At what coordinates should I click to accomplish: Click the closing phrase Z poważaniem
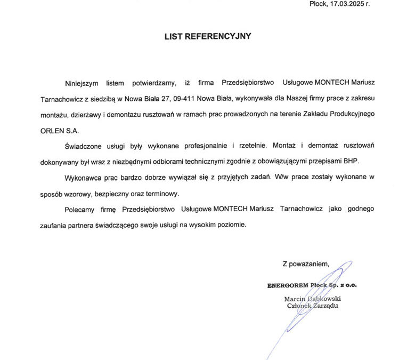click(x=306, y=263)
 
